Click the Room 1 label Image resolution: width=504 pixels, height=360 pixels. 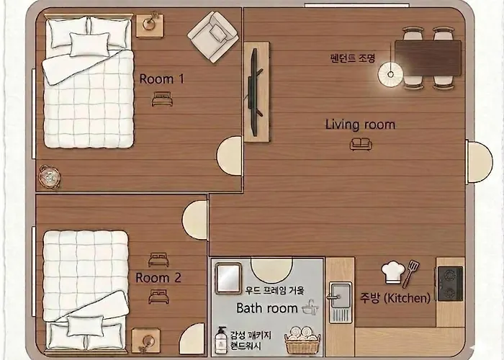[162, 79]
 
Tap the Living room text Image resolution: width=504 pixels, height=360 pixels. [360, 125]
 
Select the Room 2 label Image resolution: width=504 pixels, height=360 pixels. [158, 278]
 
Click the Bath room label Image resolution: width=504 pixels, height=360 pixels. [267, 308]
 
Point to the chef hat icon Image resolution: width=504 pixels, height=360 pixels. [392, 272]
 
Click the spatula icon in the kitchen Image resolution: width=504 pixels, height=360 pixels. [410, 274]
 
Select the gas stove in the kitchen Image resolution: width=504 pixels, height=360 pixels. [451, 284]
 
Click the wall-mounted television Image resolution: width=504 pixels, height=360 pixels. [255, 91]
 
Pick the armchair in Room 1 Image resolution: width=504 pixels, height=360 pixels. [213, 37]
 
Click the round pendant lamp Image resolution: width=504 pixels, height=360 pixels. [390, 75]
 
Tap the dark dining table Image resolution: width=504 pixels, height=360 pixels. [428, 58]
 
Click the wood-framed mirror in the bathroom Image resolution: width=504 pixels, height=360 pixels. [228, 279]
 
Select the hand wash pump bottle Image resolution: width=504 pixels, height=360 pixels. [221, 340]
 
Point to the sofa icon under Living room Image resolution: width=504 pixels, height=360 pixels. [361, 144]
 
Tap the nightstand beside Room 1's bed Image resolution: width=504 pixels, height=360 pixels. [150, 26]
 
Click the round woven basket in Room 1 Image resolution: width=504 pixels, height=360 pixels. [49, 176]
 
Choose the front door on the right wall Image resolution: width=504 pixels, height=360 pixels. [479, 162]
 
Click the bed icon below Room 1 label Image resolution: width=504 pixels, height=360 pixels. [162, 99]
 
